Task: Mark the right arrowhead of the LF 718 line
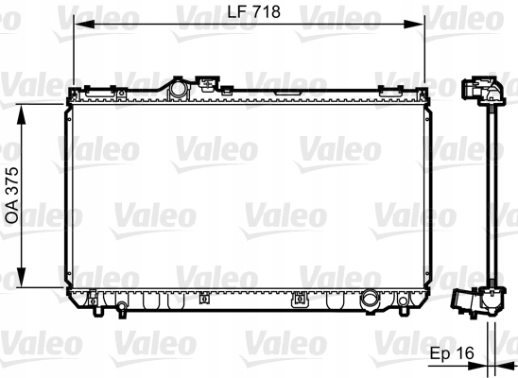[x=422, y=25]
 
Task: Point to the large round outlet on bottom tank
[x=370, y=301]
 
